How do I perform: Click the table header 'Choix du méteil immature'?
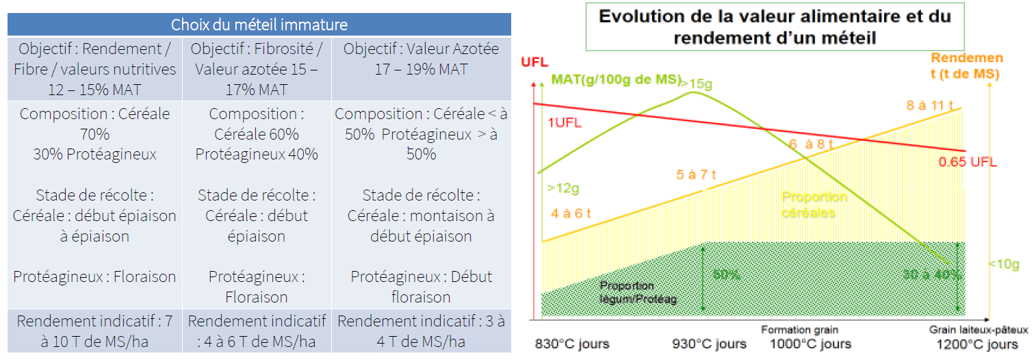pyautogui.click(x=259, y=25)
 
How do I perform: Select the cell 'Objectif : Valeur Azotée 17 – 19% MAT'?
pyautogui.click(x=421, y=60)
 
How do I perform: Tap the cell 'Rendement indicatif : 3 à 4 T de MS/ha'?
pyautogui.click(x=421, y=331)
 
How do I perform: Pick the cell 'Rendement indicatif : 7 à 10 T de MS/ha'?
pyautogui.click(x=94, y=331)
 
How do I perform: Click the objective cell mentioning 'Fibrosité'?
pyautogui.click(x=257, y=68)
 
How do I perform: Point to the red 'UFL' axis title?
pyautogui.click(x=534, y=62)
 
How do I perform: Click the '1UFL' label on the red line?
pyautogui.click(x=563, y=123)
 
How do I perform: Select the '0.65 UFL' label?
pyautogui.click(x=967, y=162)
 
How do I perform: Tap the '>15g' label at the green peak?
pyautogui.click(x=697, y=83)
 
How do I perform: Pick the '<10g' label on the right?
pyautogui.click(x=1003, y=264)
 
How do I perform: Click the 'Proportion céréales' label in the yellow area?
pyautogui.click(x=814, y=205)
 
